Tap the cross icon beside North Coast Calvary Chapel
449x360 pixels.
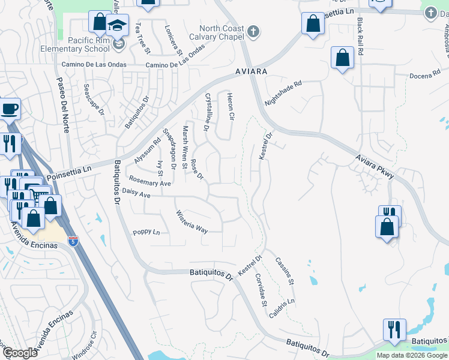254,31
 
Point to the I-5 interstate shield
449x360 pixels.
73,241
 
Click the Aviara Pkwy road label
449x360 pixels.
373,166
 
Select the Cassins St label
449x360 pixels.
285,270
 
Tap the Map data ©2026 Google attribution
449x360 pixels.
412,355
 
